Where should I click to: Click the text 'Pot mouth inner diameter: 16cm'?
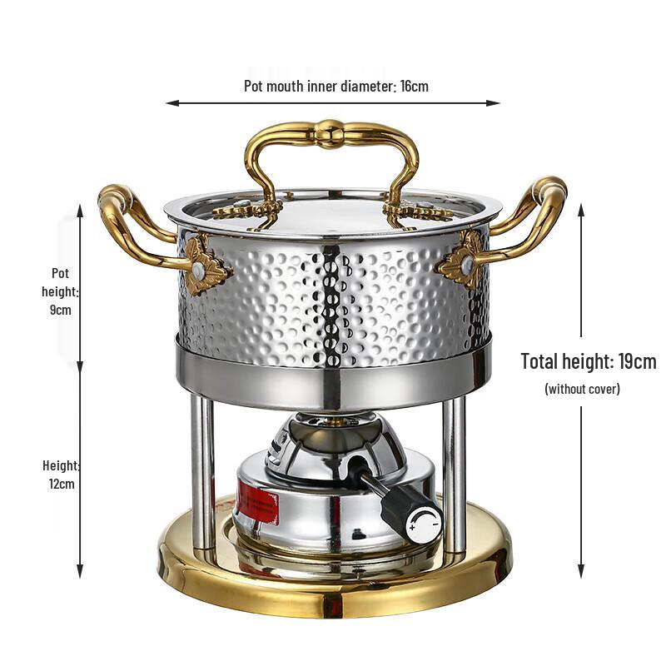tap(335, 86)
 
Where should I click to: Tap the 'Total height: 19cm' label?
tap(588, 361)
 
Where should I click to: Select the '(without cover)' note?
tap(582, 388)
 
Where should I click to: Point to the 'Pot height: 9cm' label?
tap(60, 291)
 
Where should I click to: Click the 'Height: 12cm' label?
tap(60, 474)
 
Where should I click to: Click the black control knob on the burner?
tap(420, 517)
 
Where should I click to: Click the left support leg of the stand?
tap(202, 475)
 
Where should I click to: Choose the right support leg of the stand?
tap(454, 475)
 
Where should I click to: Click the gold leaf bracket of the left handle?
tap(203, 265)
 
